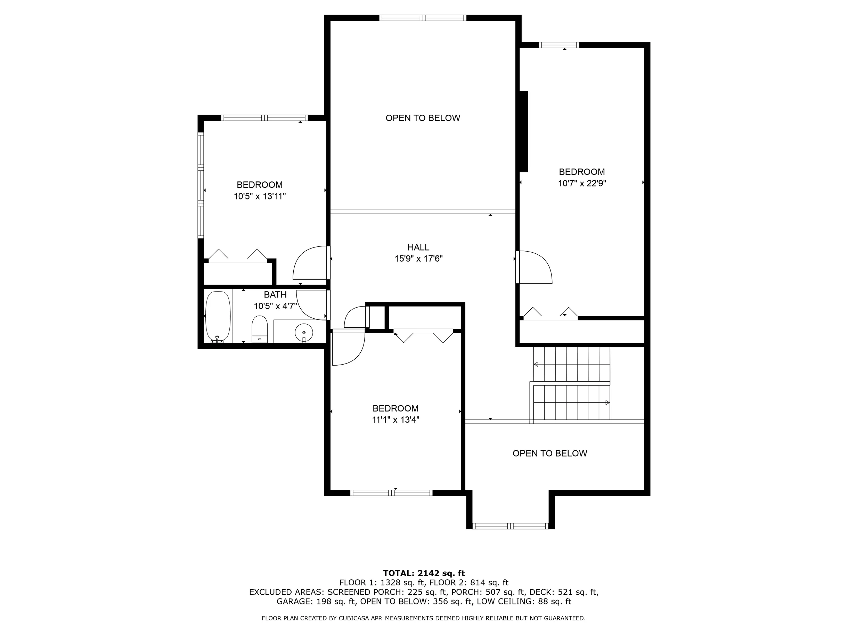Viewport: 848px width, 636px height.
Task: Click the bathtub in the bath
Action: coord(218,317)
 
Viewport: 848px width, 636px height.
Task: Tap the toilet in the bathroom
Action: coord(260,329)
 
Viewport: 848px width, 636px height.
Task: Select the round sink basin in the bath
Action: coord(304,332)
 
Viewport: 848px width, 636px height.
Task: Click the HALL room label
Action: coord(418,247)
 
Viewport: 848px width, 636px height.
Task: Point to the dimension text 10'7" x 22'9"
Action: coord(582,183)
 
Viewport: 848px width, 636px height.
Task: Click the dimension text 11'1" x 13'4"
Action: coord(396,420)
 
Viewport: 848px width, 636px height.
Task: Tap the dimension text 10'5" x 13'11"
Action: coord(260,196)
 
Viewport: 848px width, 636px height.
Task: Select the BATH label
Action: coord(275,294)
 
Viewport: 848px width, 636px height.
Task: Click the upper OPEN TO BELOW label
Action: coord(423,118)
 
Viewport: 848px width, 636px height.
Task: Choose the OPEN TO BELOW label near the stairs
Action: coord(550,454)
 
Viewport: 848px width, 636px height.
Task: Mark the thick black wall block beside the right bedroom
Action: coord(524,131)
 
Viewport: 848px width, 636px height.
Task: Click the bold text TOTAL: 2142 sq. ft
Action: coord(424,573)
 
